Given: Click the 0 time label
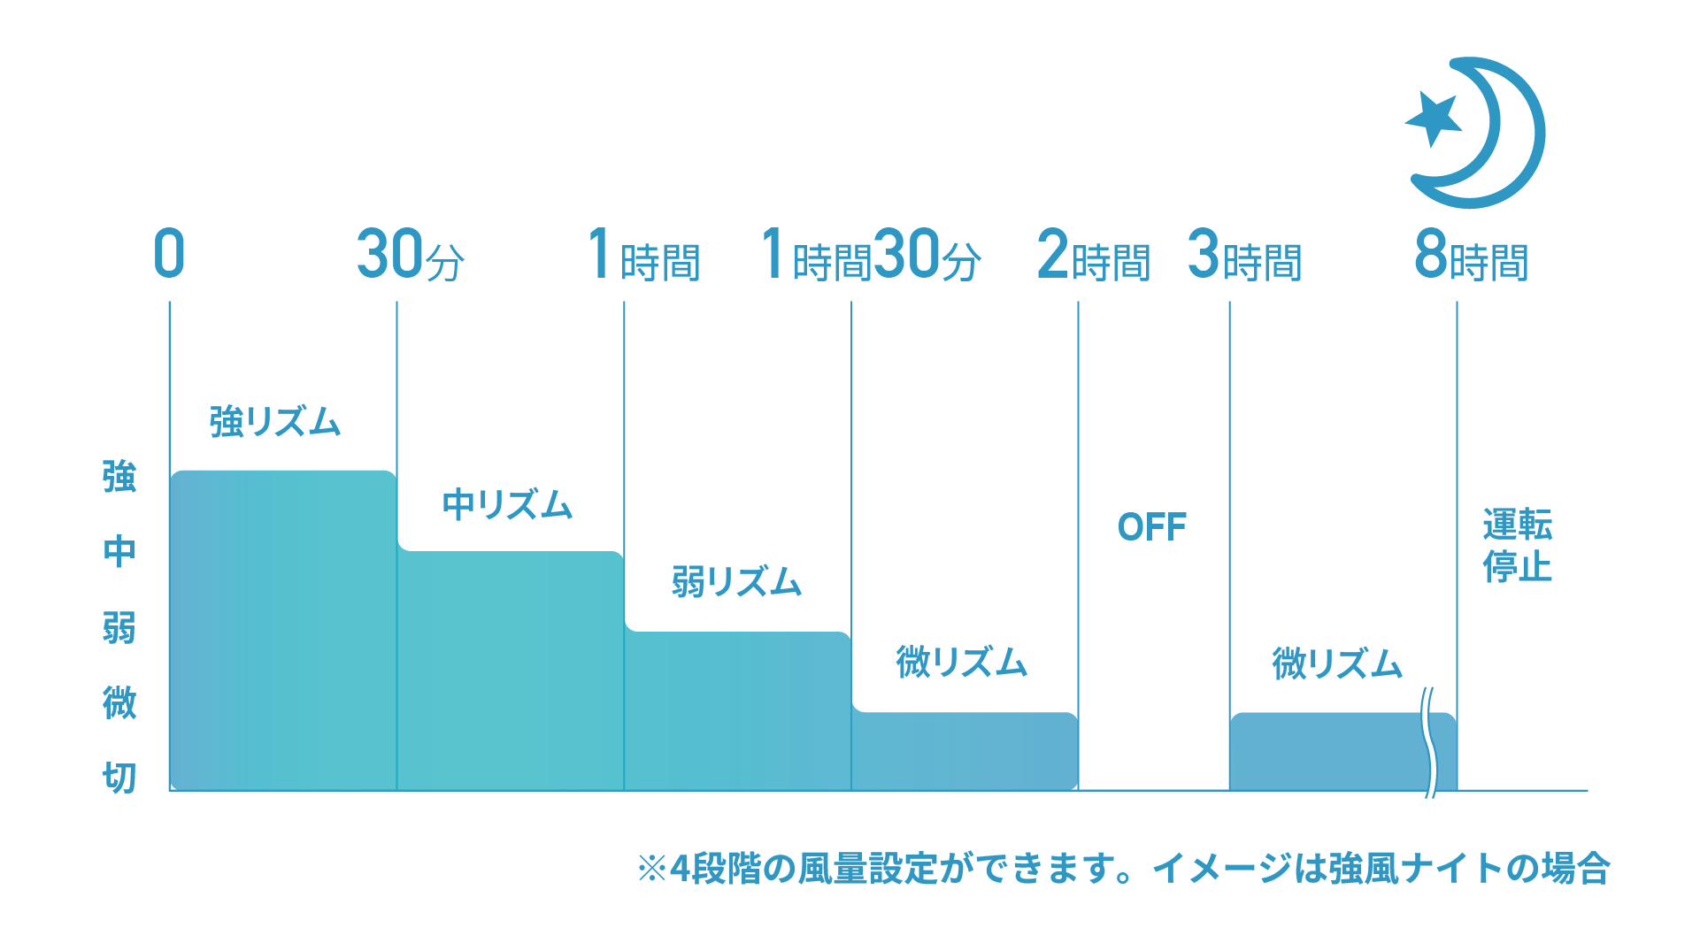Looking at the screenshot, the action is (169, 254).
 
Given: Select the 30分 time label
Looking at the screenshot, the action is (411, 255).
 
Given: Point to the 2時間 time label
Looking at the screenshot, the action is (1094, 255).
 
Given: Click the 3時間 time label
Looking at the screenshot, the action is (1244, 255).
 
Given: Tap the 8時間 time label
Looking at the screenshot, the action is (1472, 255).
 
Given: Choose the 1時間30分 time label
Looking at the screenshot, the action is (872, 255).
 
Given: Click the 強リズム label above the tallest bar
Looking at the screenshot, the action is (275, 421).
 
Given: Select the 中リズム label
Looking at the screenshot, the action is (508, 504).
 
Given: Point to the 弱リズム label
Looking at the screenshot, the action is (736, 582).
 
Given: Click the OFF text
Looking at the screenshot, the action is (1152, 527).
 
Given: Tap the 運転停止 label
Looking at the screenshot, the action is (1518, 546).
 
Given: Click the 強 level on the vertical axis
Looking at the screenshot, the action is (119, 476).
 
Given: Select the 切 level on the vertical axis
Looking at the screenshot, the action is (119, 778).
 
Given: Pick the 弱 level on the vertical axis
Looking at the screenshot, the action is (119, 627).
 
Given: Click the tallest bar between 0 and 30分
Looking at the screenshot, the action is (283, 630).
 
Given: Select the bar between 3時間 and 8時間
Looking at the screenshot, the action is (1343, 751).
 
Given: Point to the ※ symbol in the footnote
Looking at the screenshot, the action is (652, 869).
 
